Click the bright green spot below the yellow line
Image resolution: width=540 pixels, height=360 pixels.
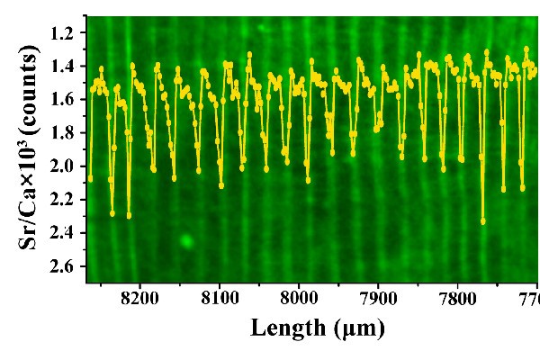186,240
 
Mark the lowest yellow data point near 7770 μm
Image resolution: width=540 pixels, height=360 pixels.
483,220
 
